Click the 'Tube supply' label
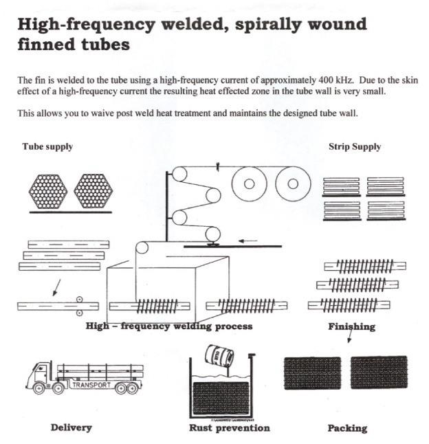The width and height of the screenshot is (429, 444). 47,146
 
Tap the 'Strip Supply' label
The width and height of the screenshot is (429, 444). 355,146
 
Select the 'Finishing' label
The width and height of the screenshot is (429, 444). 351,326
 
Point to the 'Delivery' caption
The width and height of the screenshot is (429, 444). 71,428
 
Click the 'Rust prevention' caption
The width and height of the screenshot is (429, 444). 229,428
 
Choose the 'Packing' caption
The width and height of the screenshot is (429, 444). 347,428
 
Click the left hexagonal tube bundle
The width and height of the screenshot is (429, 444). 49,188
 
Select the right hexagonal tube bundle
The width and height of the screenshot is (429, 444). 93,188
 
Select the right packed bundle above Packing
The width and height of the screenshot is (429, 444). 378,373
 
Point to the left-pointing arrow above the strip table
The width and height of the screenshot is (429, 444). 248,241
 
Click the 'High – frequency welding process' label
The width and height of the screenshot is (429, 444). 169,326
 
